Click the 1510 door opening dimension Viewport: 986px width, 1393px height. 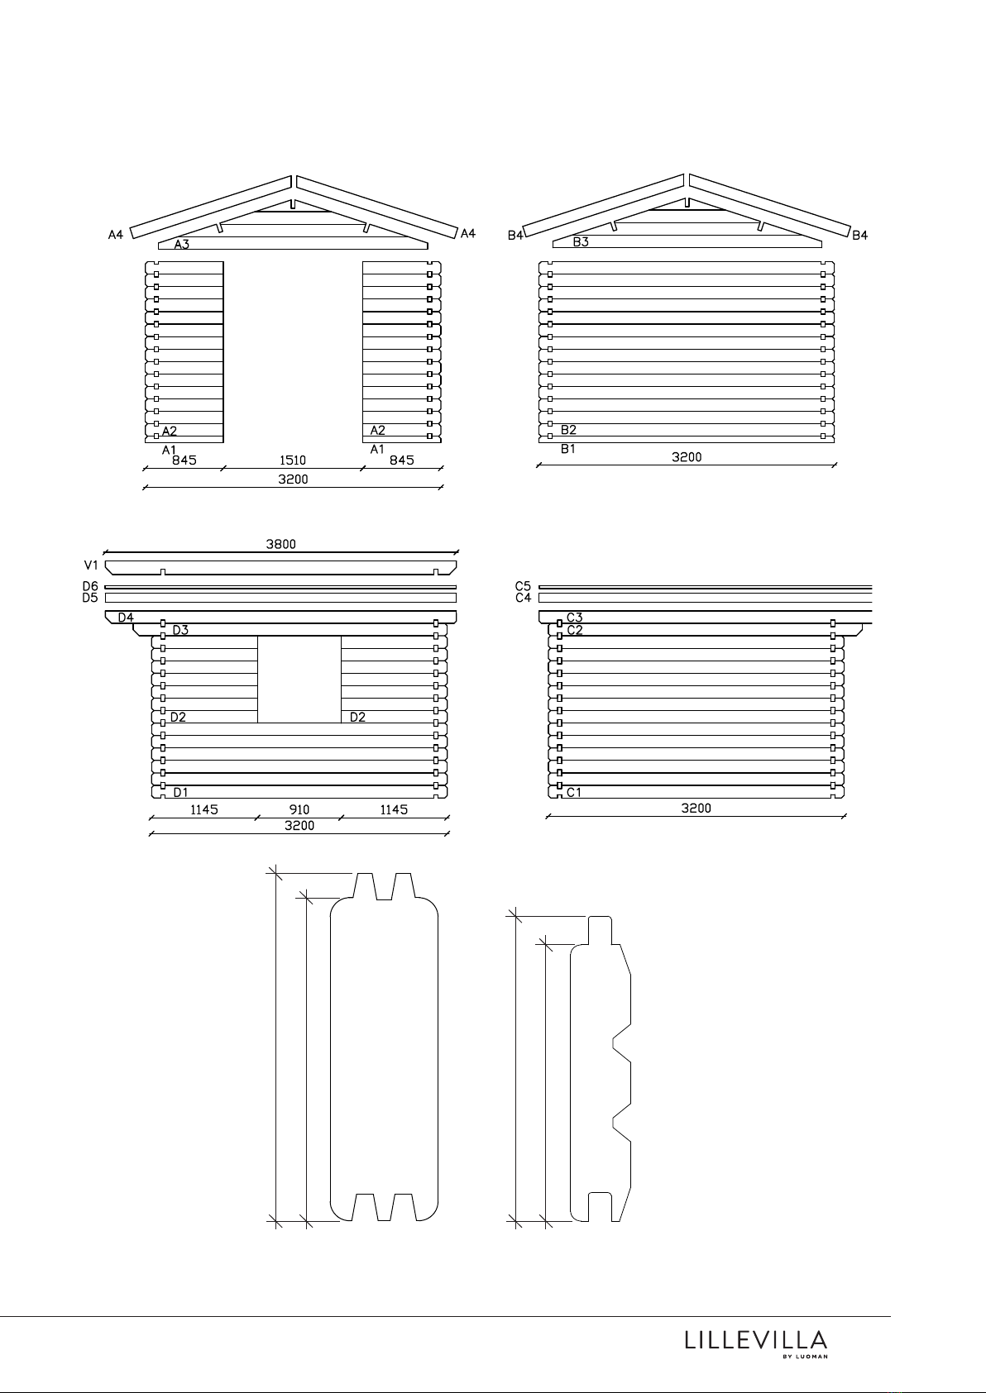point(292,460)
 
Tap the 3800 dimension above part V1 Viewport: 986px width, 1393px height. point(280,544)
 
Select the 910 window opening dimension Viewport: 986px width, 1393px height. point(299,809)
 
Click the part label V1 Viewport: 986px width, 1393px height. point(91,565)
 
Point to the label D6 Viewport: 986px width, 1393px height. point(90,586)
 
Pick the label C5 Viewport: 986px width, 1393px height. point(523,586)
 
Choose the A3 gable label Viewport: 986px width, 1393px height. point(182,245)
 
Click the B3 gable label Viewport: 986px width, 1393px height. point(581,242)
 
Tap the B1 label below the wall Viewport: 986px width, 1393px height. point(568,449)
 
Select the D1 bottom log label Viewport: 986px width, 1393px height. point(180,792)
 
